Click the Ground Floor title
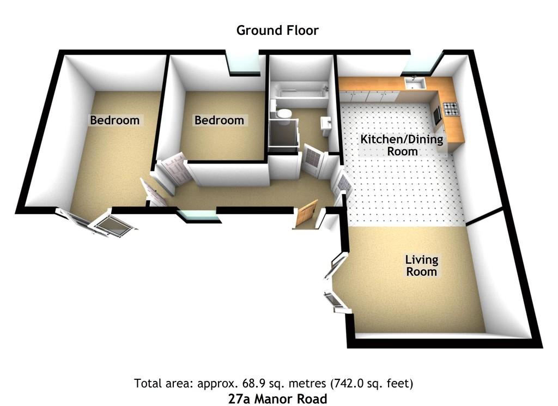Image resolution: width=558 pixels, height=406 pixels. click(x=277, y=31)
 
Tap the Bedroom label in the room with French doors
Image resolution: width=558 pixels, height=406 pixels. click(x=114, y=120)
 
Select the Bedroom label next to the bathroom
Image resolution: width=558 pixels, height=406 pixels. click(x=219, y=120)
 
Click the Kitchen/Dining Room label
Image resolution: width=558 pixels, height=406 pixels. click(x=402, y=145)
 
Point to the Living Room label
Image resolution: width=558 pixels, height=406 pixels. click(x=422, y=265)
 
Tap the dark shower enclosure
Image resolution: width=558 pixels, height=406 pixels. click(x=283, y=133)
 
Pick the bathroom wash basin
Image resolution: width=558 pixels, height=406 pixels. click(x=326, y=125)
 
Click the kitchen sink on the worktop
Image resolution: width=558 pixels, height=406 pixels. click(x=415, y=83)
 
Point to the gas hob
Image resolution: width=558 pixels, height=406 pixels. click(x=451, y=109)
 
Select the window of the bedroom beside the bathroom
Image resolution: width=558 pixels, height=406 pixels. click(x=244, y=63)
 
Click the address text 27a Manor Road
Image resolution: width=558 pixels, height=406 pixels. click(x=277, y=398)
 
